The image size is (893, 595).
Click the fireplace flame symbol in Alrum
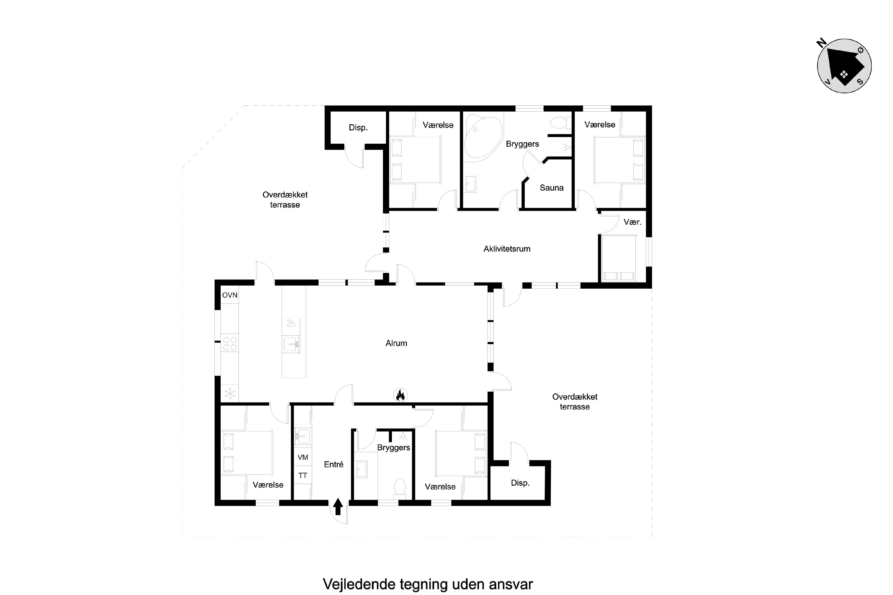(x=400, y=395)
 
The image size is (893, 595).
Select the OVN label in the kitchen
(x=230, y=295)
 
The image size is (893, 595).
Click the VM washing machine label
(x=303, y=457)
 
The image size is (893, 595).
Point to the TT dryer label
(x=303, y=475)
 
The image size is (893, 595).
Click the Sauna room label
(x=551, y=187)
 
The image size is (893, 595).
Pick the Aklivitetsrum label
(x=507, y=249)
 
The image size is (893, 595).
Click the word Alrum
(x=396, y=343)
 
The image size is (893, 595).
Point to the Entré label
(x=334, y=464)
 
